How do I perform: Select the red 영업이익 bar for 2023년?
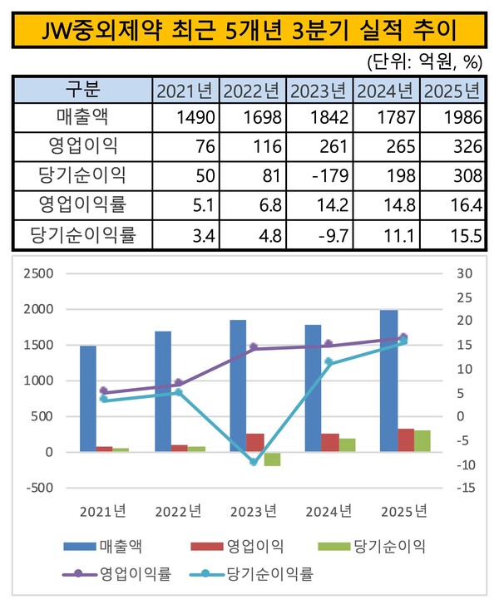click(x=254, y=443)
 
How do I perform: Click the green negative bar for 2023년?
click(x=272, y=459)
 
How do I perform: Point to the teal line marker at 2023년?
click(x=254, y=462)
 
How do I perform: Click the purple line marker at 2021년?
click(x=103, y=390)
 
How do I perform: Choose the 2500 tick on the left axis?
click(x=37, y=273)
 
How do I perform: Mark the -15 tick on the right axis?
click(x=464, y=488)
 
